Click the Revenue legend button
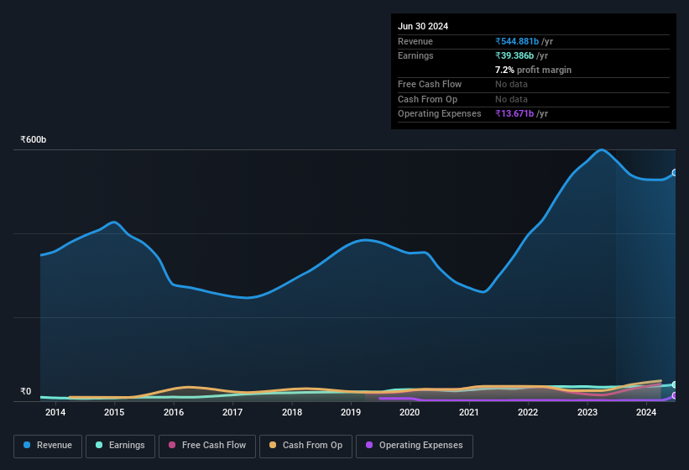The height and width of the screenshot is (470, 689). [x=48, y=445]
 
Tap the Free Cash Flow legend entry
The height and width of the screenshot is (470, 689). [x=207, y=445]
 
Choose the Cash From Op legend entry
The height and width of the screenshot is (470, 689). [x=306, y=445]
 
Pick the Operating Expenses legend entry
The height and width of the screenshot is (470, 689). [x=414, y=445]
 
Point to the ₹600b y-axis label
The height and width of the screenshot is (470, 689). [x=34, y=139]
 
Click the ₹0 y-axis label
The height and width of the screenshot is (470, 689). [x=26, y=391]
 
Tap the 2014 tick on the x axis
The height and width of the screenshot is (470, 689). [x=55, y=412]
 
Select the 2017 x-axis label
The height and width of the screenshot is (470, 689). [x=232, y=412]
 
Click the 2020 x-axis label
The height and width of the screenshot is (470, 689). [x=410, y=412]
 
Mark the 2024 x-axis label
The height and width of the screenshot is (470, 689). [x=646, y=412]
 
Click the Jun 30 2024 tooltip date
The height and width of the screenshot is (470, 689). [x=423, y=26]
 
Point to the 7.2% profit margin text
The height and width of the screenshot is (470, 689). [x=534, y=70]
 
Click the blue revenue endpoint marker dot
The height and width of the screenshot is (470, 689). [x=675, y=173]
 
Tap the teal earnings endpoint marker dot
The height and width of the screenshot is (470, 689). [x=675, y=384]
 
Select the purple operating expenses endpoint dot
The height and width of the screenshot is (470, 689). [x=675, y=395]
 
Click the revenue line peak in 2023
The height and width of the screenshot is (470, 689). [x=602, y=150]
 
